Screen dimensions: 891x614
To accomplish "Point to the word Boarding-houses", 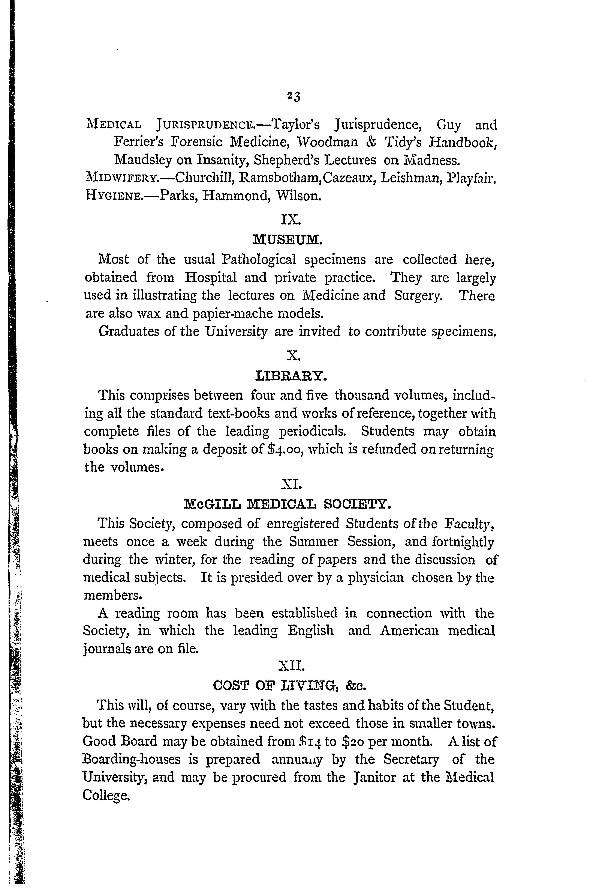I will [x=132, y=759].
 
